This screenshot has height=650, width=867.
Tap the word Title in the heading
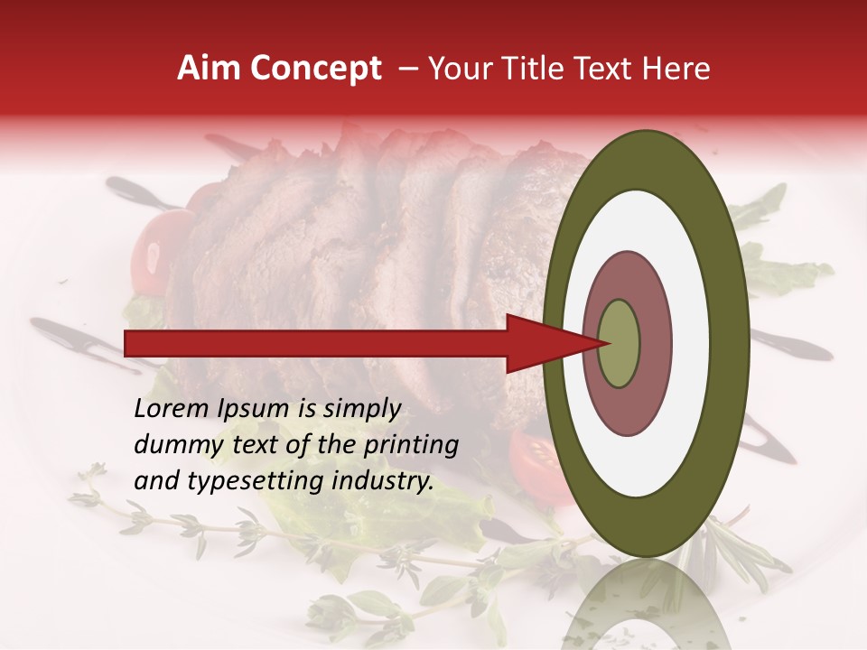(536, 69)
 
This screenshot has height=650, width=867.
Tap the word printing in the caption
(413, 445)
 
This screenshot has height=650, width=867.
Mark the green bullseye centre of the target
(620, 343)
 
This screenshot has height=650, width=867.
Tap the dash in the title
(408, 70)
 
